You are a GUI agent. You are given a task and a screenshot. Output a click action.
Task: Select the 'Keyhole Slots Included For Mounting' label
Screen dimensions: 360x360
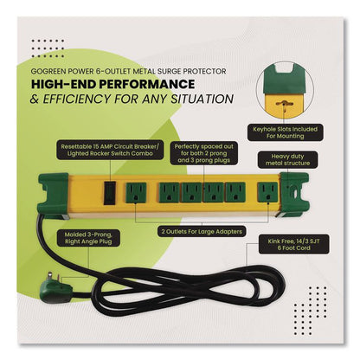(286, 132)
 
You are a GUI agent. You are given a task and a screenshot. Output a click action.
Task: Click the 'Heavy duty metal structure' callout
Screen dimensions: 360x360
(287, 160)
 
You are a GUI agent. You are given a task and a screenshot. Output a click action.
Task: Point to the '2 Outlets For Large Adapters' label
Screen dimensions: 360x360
(202, 231)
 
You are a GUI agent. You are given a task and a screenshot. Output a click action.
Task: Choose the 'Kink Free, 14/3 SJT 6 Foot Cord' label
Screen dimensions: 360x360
(293, 245)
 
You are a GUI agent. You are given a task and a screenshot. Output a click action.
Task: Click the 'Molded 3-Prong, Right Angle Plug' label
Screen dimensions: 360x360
(88, 238)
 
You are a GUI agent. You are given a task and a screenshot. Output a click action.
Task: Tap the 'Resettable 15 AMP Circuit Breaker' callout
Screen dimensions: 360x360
(110, 150)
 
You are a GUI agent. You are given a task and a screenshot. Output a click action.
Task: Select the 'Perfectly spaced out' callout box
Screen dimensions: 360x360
(203, 153)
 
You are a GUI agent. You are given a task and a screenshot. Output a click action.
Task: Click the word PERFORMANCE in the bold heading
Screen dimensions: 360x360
(147, 84)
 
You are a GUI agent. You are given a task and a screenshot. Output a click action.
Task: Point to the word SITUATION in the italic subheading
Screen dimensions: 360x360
(202, 99)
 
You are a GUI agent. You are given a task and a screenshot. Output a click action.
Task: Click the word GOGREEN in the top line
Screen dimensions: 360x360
(45, 71)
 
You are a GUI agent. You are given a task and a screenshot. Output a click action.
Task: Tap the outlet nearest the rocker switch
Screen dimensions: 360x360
(136, 193)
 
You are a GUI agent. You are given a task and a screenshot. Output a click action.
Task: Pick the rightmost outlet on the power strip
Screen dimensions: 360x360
(268, 192)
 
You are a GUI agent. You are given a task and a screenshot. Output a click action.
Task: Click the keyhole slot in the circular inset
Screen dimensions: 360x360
(284, 103)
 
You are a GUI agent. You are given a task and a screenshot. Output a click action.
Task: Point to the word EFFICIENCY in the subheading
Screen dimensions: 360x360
(76, 99)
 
